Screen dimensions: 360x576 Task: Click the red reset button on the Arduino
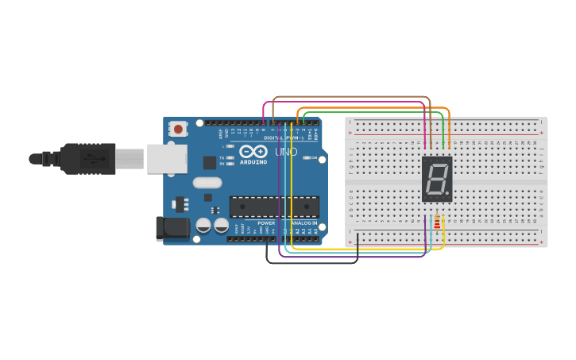point(179,129)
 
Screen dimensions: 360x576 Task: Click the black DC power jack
point(172,228)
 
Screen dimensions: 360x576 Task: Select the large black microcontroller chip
point(273,207)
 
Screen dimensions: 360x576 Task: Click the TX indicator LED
point(230,158)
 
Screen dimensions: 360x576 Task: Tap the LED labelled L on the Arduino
point(230,146)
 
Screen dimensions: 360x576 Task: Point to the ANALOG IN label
point(303,223)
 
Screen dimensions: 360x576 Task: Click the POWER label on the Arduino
point(266,223)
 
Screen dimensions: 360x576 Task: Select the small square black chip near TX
point(209,162)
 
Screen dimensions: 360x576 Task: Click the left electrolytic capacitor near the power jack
point(203,226)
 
